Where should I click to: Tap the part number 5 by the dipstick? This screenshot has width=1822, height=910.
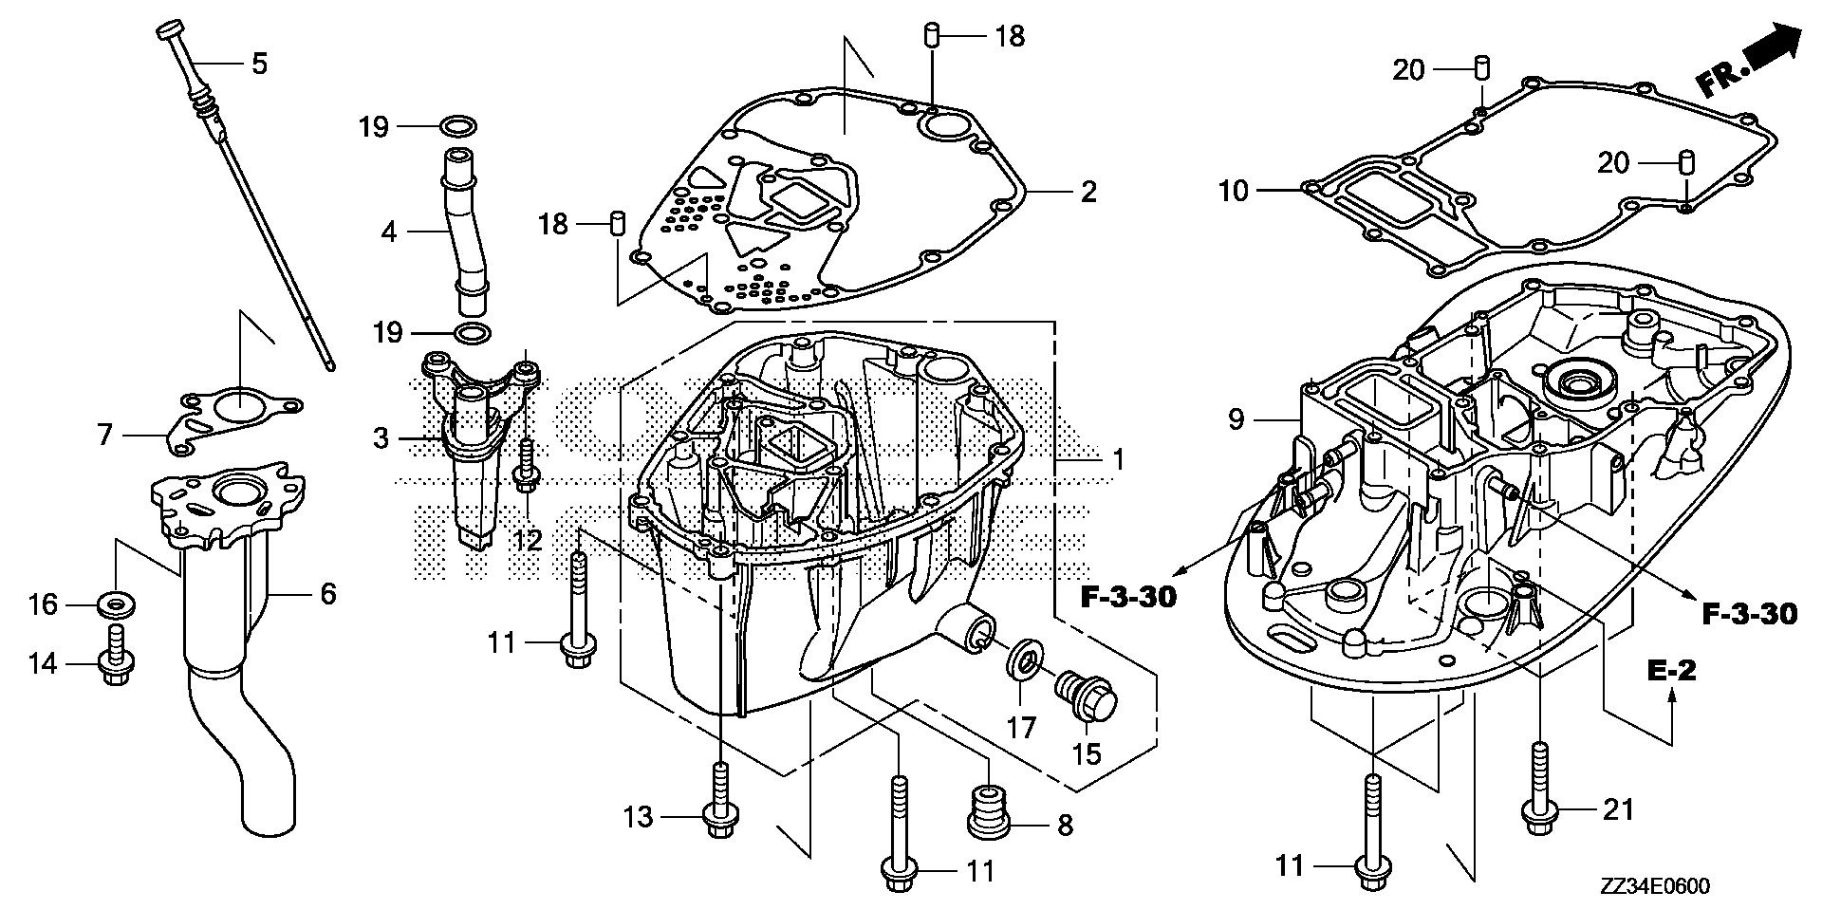(x=259, y=64)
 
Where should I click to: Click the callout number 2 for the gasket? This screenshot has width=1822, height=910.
(x=1088, y=191)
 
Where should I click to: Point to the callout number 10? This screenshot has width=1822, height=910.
(x=1234, y=191)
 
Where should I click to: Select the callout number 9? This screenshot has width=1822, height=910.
(x=1235, y=418)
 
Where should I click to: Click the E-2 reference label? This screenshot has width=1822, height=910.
(x=1670, y=671)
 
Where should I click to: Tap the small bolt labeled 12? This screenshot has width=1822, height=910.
(x=525, y=465)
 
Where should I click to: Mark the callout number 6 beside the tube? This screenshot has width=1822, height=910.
(x=328, y=594)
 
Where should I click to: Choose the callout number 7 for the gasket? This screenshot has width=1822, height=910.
(x=104, y=436)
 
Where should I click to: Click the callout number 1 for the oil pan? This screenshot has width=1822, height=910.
(x=1118, y=461)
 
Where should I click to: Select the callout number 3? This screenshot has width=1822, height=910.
(x=381, y=438)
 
